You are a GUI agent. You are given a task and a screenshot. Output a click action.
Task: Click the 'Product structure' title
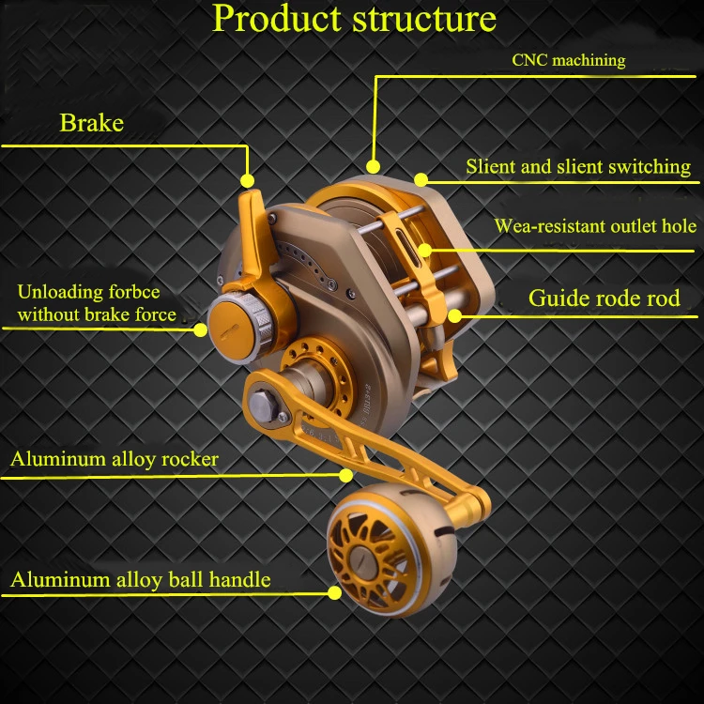pyautogui.click(x=354, y=19)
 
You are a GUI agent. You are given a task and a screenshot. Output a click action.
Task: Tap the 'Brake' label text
pyautogui.click(x=92, y=123)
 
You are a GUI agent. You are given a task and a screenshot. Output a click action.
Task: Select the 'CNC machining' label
pyautogui.click(x=569, y=60)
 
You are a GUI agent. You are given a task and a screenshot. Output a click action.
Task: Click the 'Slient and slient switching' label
pyautogui.click(x=578, y=166)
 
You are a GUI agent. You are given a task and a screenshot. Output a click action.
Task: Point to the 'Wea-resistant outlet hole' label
pyautogui.click(x=595, y=226)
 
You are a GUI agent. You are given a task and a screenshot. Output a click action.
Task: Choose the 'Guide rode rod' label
pyautogui.click(x=605, y=298)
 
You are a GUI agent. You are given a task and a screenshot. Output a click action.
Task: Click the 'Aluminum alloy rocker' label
pyautogui.click(x=115, y=459)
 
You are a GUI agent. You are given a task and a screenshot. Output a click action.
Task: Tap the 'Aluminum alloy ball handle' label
pyautogui.click(x=141, y=580)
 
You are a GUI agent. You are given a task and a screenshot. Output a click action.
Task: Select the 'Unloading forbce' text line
pyautogui.click(x=89, y=292)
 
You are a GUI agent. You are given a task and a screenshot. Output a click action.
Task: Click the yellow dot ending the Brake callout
pyautogui.click(x=247, y=180)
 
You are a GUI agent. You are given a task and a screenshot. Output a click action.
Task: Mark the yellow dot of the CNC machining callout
pyautogui.click(x=373, y=166)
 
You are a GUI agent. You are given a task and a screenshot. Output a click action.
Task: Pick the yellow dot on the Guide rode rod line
pyautogui.click(x=455, y=316)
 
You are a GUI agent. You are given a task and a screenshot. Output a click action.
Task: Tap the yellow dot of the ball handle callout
pyautogui.click(x=334, y=592)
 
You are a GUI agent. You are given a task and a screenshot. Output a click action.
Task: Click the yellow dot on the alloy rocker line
pyautogui.click(x=345, y=476)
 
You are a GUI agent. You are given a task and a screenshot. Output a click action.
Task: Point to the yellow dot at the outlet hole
pyautogui.click(x=424, y=250)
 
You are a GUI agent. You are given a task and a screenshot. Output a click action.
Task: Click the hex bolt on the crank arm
pyautogui.click(x=263, y=406)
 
